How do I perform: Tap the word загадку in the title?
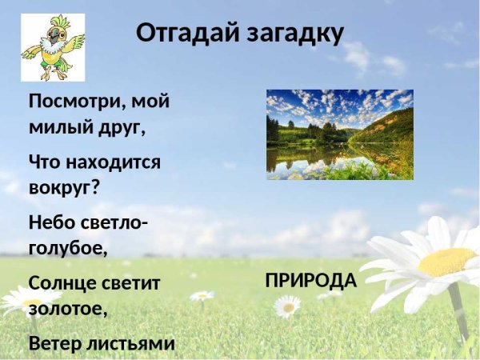coord(293,34)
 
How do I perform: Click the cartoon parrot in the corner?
coord(52,47)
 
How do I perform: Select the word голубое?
coord(68,246)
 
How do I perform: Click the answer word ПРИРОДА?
coord(310,281)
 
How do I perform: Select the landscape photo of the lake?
coord(339,134)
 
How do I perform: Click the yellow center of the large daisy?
coord(446,261)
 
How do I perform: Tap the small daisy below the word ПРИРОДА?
coord(287,306)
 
